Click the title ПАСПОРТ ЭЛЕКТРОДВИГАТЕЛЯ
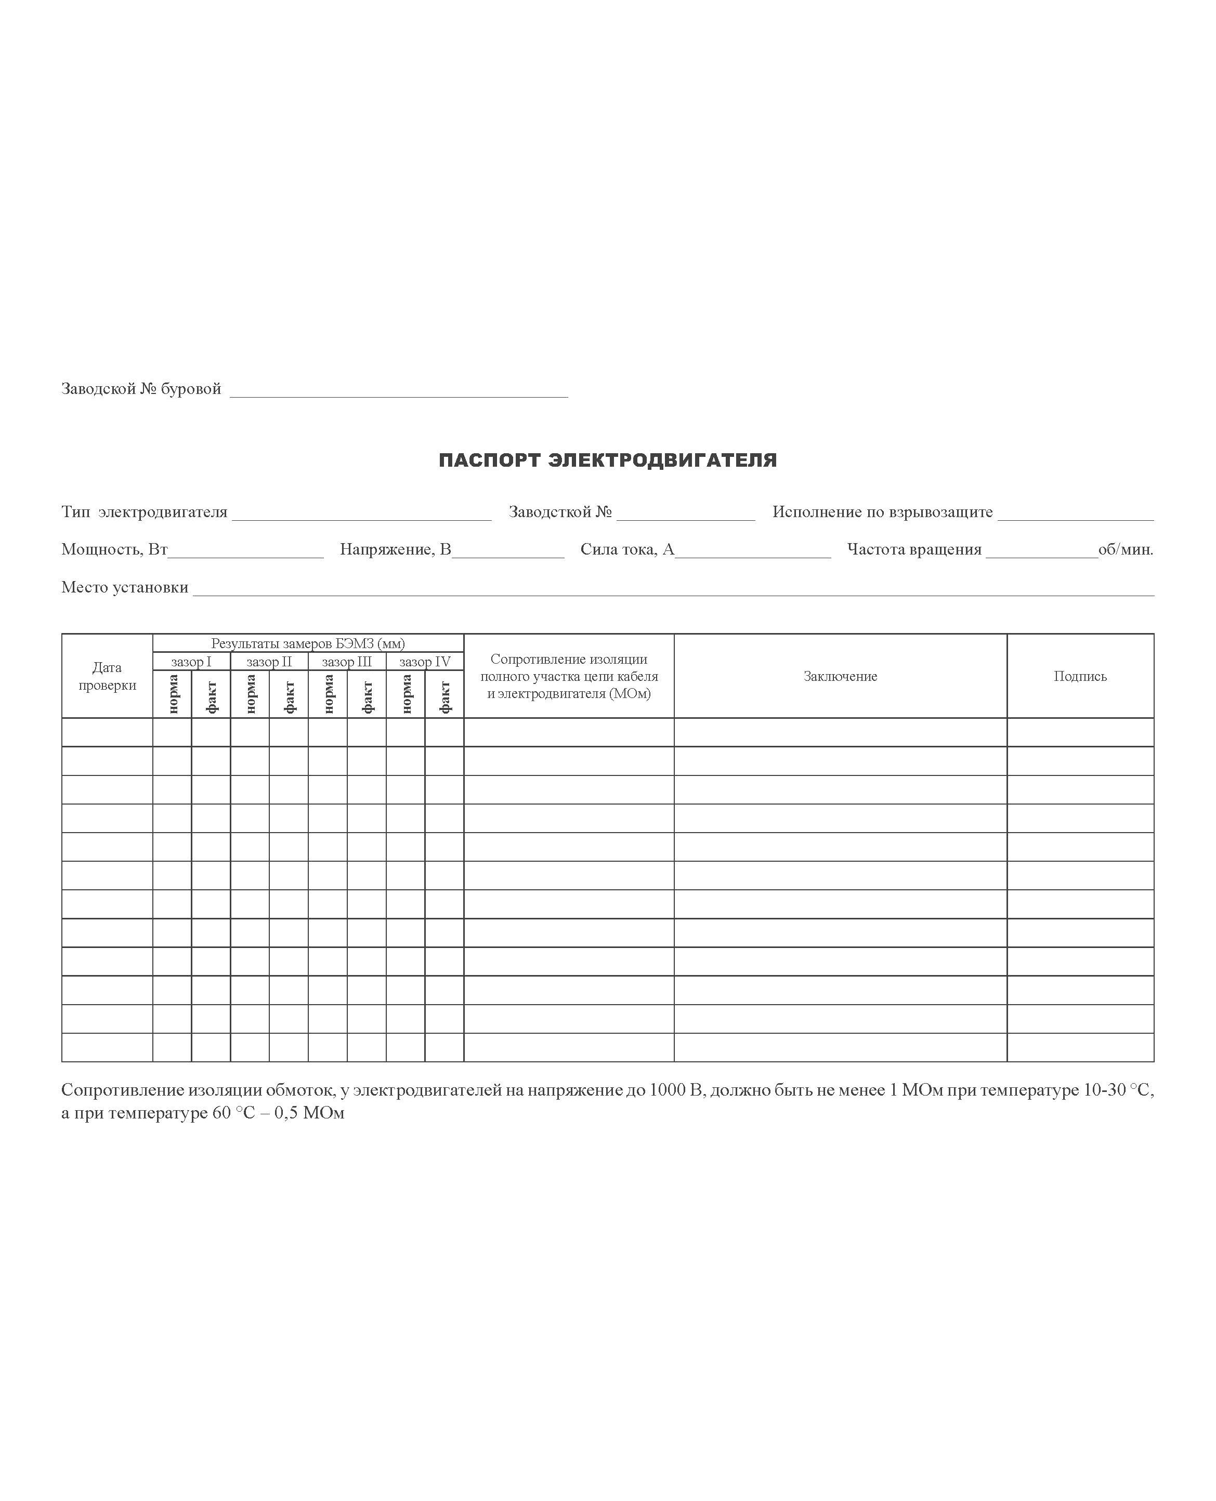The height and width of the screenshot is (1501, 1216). click(x=607, y=460)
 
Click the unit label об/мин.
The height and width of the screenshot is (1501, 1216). click(x=1126, y=549)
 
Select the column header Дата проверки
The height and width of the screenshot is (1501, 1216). click(x=107, y=676)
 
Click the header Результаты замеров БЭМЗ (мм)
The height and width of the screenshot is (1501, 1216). click(x=308, y=643)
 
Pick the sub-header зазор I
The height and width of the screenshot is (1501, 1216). click(x=191, y=662)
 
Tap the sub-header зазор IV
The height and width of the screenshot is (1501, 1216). click(x=424, y=662)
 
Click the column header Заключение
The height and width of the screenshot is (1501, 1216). click(x=840, y=676)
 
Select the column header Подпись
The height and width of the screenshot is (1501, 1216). click(x=1080, y=676)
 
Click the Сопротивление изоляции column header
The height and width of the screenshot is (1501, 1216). click(x=569, y=676)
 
